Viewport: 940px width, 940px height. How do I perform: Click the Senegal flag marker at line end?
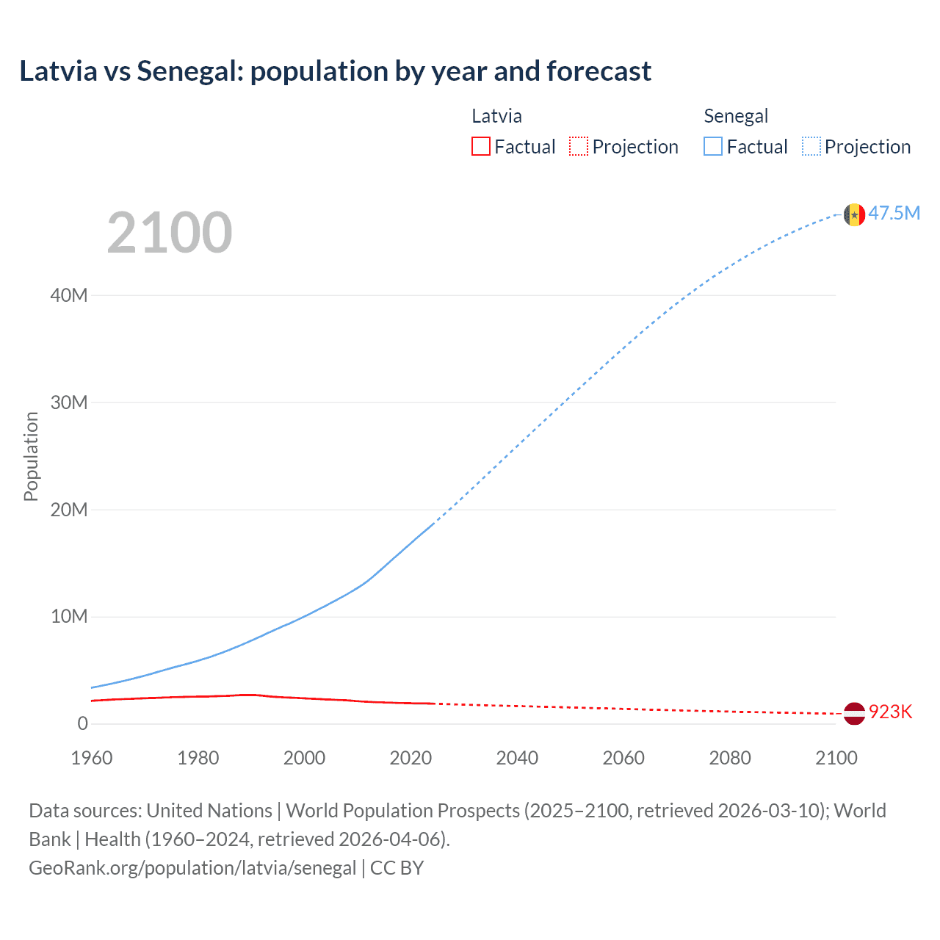854,214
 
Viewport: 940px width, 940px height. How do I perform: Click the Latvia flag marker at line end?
854,713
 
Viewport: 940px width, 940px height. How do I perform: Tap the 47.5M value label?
894,213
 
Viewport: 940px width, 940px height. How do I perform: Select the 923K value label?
890,712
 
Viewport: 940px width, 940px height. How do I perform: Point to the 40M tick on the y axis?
69,295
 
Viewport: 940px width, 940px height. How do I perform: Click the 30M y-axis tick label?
69,402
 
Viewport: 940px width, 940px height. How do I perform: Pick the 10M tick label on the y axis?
69,616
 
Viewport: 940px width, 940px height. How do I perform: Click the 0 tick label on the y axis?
82,723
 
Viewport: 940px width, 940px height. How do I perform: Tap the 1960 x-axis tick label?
92,758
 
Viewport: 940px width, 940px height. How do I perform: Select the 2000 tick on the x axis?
304,758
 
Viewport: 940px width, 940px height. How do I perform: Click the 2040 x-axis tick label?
517,758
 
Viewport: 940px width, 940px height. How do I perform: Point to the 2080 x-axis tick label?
730,758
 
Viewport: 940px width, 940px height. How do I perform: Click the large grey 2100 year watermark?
170,233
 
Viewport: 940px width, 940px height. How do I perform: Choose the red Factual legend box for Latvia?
481,146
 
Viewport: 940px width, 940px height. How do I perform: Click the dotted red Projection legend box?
579,146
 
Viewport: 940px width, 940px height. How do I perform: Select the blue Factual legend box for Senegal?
713,146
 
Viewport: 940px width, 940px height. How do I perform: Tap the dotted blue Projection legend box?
811,146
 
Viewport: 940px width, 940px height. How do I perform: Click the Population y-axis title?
31,456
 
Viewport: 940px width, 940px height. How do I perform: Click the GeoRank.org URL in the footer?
192,867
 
